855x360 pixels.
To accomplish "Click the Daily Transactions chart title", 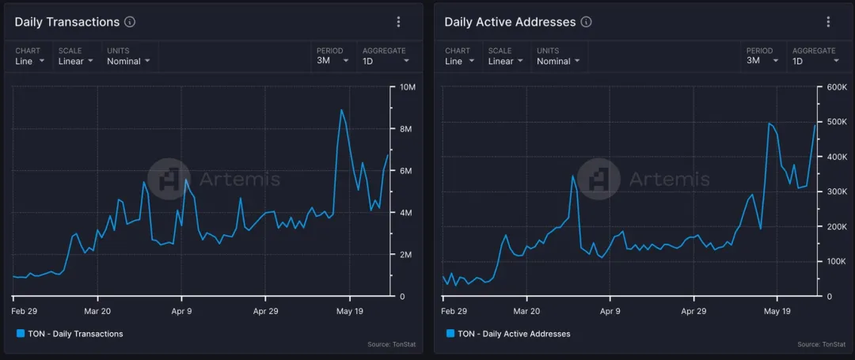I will tap(66, 22).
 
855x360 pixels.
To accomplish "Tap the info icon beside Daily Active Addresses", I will tap(585, 22).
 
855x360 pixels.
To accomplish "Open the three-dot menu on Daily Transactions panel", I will tap(398, 22).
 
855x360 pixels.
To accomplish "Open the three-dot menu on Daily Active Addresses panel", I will tap(828, 22).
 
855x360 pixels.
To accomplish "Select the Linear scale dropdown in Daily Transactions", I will tap(75, 61).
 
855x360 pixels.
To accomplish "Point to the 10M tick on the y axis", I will tap(408, 87).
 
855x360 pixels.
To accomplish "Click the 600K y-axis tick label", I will tap(837, 87).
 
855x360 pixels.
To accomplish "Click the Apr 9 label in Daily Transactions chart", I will tap(181, 311).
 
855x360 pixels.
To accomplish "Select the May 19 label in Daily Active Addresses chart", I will tap(777, 311).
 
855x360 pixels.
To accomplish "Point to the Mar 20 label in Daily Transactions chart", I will tap(97, 311).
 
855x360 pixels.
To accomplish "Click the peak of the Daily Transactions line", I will tap(341, 110).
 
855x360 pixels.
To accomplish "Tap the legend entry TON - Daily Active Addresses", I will tap(513, 334).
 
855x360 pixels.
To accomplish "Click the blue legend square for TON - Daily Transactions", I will tap(21, 334).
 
